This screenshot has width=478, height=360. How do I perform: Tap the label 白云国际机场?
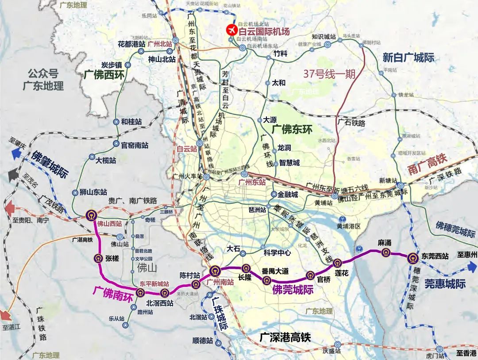(x=264, y=31)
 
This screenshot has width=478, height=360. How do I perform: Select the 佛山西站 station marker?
(x=92, y=215)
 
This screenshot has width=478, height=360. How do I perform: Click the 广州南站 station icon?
(x=215, y=270)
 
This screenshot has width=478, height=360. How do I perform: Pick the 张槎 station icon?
(x=98, y=259)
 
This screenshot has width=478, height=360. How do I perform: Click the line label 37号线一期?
(x=329, y=74)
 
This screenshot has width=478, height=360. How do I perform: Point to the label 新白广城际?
(x=408, y=58)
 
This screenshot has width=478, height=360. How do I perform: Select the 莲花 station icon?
(x=337, y=263)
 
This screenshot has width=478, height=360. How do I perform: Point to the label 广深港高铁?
(x=285, y=337)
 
